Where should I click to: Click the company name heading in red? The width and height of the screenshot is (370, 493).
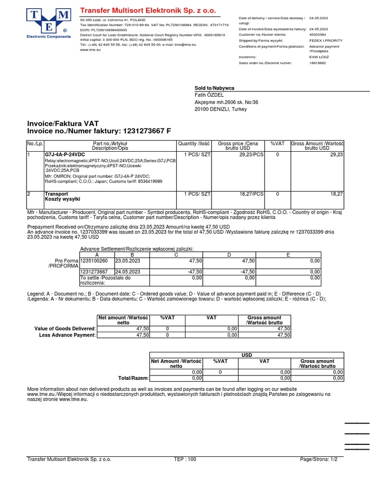point(148,11)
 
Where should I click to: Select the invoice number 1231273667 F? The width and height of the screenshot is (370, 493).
point(147,131)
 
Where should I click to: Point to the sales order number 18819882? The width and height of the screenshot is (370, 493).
point(317,63)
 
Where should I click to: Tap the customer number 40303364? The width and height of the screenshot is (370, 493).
point(317,35)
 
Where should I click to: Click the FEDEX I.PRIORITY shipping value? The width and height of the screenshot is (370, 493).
point(326,40)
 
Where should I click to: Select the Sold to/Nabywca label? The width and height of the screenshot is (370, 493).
point(214,88)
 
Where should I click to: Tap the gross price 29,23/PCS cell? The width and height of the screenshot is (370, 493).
point(251,155)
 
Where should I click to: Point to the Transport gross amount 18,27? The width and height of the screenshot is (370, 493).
point(336,194)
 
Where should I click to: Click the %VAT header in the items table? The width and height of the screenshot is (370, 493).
point(278,143)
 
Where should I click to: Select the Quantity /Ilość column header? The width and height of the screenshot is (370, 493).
point(194,143)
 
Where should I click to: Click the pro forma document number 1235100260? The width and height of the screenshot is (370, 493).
point(94,260)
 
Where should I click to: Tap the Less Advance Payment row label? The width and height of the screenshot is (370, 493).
point(67,335)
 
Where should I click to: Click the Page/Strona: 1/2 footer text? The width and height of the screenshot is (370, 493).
point(318,459)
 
